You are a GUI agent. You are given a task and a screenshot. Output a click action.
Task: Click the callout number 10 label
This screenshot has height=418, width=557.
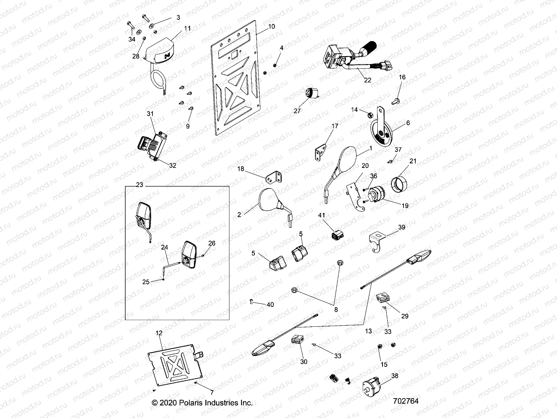tap(272, 26)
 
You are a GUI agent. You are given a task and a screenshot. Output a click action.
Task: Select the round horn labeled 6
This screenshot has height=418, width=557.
tap(380, 132)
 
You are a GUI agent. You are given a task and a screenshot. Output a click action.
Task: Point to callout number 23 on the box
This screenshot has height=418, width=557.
tap(139, 185)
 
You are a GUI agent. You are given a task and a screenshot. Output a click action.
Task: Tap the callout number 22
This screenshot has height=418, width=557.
tap(368, 80)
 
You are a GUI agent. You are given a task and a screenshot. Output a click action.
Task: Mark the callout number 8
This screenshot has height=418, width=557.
tap(336, 309)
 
